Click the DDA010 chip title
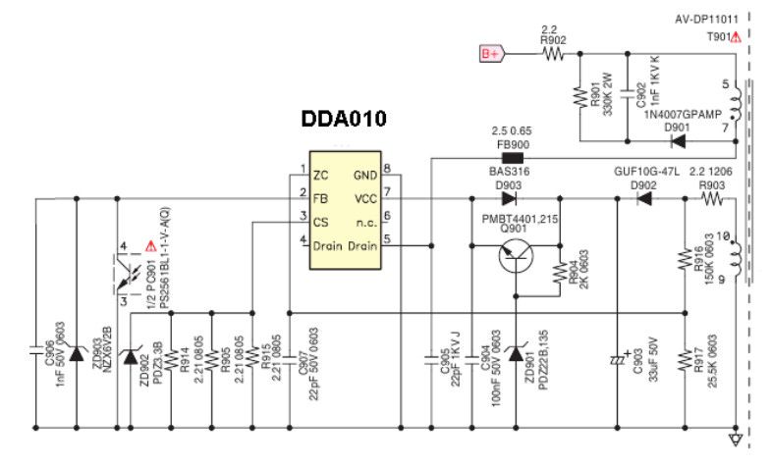click(343, 120)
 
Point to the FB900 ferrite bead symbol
click(513, 155)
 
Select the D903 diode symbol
click(509, 198)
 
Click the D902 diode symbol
click(644, 198)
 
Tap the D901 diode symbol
click(677, 140)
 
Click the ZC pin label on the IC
click(320, 175)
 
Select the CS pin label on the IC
click(321, 221)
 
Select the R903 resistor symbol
click(710, 198)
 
